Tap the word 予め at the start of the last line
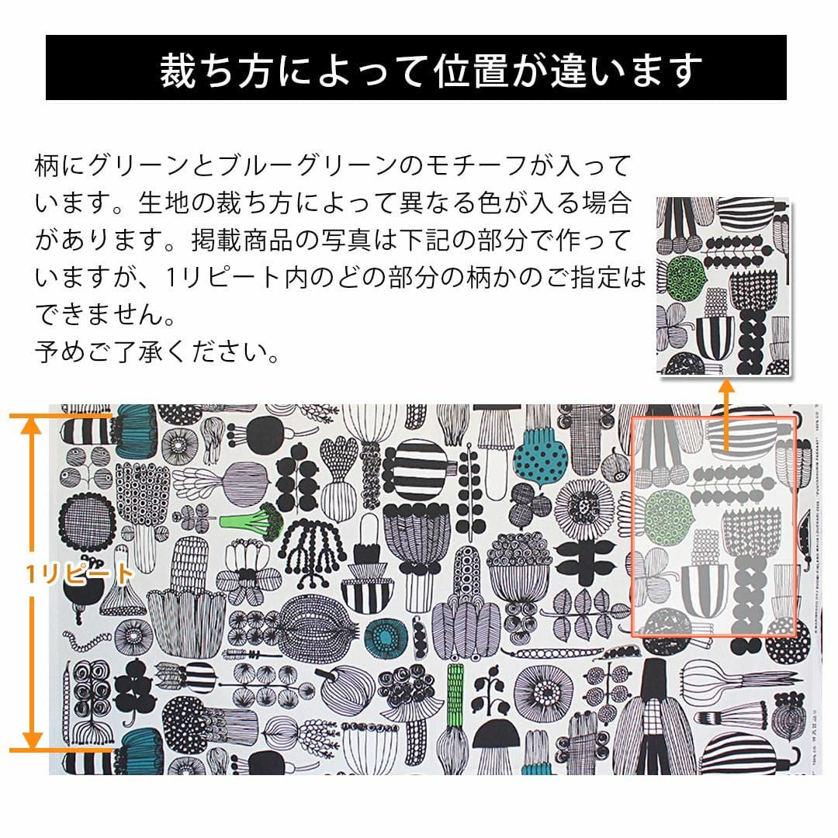pos(60,351)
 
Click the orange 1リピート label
pos(78,574)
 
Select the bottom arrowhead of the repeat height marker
pos(32,741)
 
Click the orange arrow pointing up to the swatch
pos(726,415)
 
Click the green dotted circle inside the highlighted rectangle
pos(669,516)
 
